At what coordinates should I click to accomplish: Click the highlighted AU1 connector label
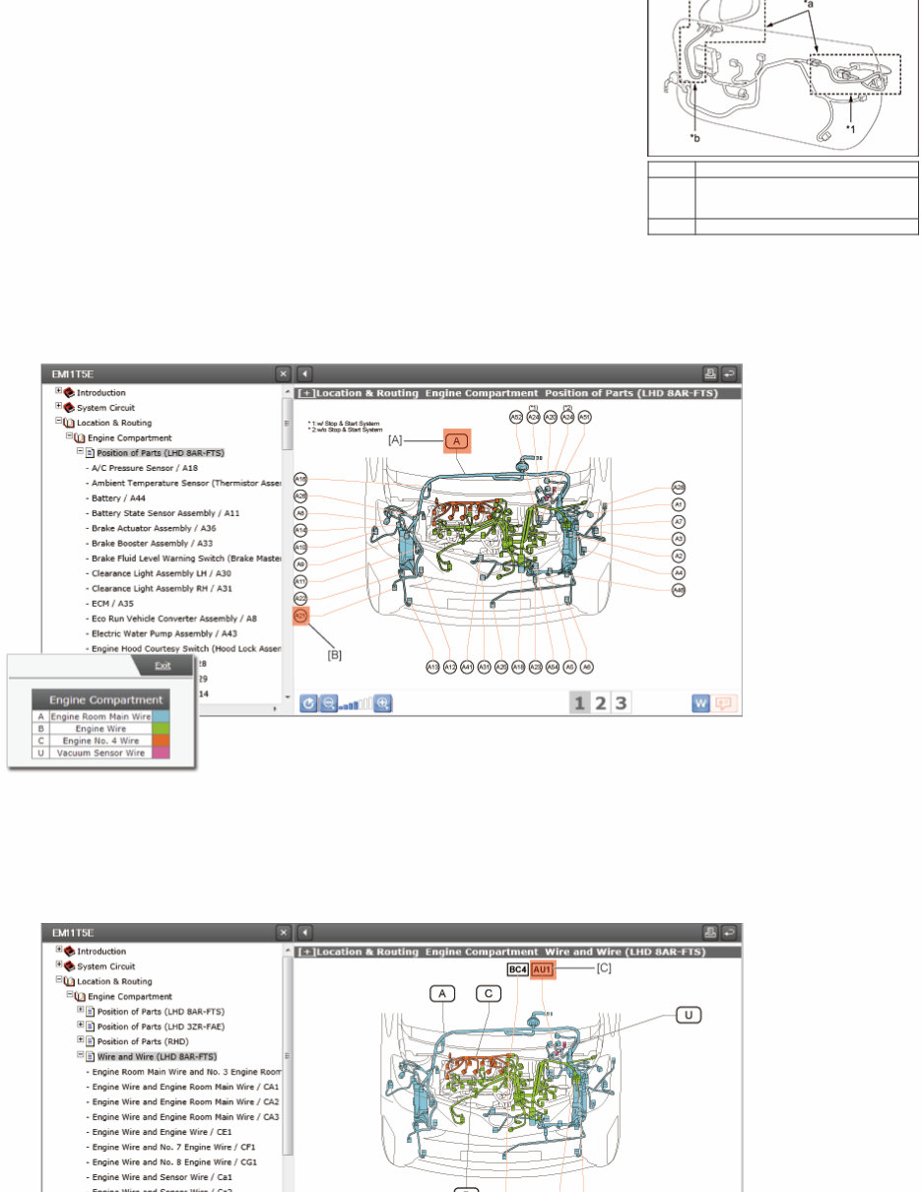point(544,969)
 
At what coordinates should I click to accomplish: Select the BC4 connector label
point(518,969)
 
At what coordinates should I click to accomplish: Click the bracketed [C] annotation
point(604,968)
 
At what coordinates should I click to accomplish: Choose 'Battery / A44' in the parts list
point(123,498)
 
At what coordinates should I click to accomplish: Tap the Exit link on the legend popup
point(162,666)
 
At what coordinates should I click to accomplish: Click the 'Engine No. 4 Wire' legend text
point(101,740)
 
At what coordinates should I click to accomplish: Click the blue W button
point(700,703)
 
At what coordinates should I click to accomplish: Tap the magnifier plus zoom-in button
point(383,703)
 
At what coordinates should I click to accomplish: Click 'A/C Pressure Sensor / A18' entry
point(144,468)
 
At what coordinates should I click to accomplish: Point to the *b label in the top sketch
point(695,138)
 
